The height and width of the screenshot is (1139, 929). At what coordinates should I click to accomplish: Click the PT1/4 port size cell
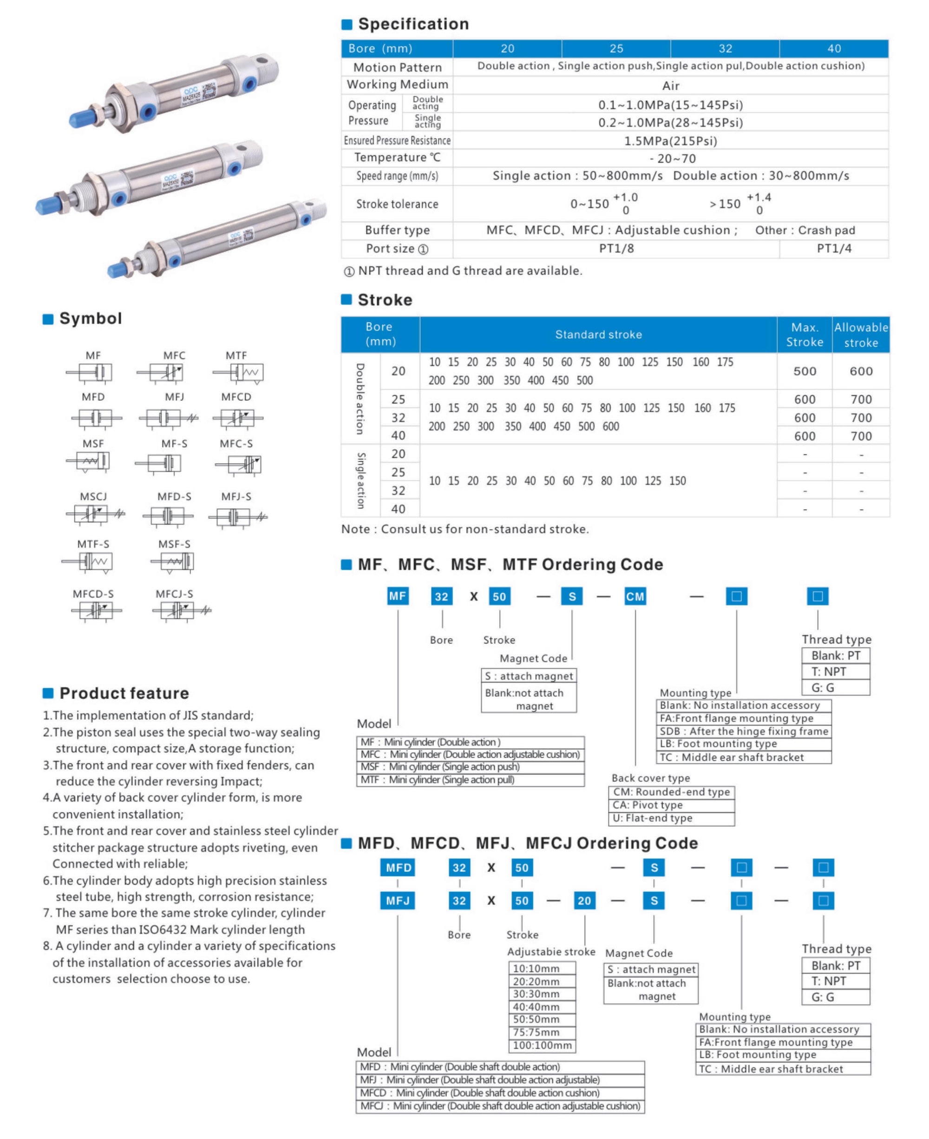834,248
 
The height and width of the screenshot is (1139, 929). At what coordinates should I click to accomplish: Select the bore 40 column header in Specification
834,49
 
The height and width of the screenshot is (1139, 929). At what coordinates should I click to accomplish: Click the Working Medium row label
397,85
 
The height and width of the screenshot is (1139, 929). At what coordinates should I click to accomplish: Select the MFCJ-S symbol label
175,593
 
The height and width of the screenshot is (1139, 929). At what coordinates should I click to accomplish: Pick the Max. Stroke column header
805,335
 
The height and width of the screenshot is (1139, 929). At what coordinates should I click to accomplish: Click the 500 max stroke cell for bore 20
805,371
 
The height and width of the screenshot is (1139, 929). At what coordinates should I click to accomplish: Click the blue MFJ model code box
398,901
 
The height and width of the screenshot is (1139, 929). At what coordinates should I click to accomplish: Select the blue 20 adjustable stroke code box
584,901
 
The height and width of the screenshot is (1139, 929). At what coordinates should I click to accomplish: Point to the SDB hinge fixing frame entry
743,731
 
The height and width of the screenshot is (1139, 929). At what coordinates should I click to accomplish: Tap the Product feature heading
124,693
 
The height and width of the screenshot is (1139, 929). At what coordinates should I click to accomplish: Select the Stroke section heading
385,300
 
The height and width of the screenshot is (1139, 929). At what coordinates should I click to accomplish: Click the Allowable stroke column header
861,335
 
